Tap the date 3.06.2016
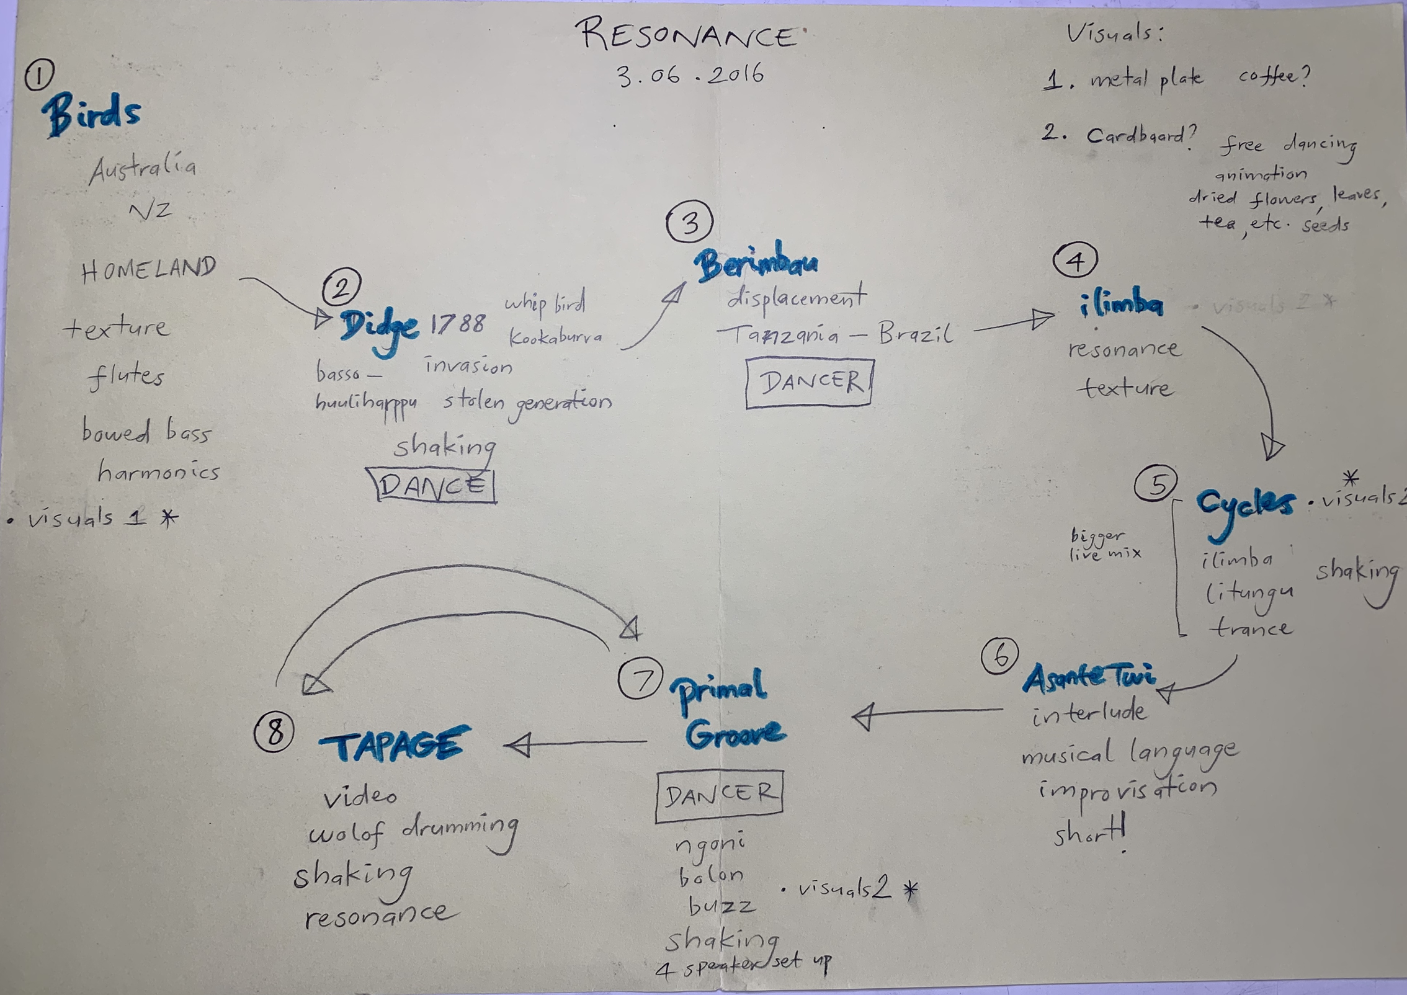point(690,76)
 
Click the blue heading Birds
point(92,114)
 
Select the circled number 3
point(689,222)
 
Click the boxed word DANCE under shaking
point(432,485)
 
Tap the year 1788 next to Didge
point(458,323)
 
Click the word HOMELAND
point(148,269)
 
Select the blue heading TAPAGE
point(393,744)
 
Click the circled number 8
point(274,733)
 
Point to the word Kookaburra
point(555,337)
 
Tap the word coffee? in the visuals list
point(1274,76)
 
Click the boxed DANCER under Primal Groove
point(719,795)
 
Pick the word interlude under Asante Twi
point(1089,713)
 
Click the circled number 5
point(1156,484)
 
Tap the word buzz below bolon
point(721,906)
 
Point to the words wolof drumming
point(413,831)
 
